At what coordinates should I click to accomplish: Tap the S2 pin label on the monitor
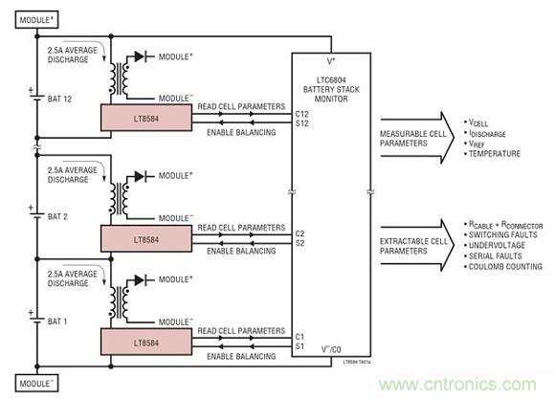point(300,241)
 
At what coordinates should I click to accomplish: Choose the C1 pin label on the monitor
point(300,335)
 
